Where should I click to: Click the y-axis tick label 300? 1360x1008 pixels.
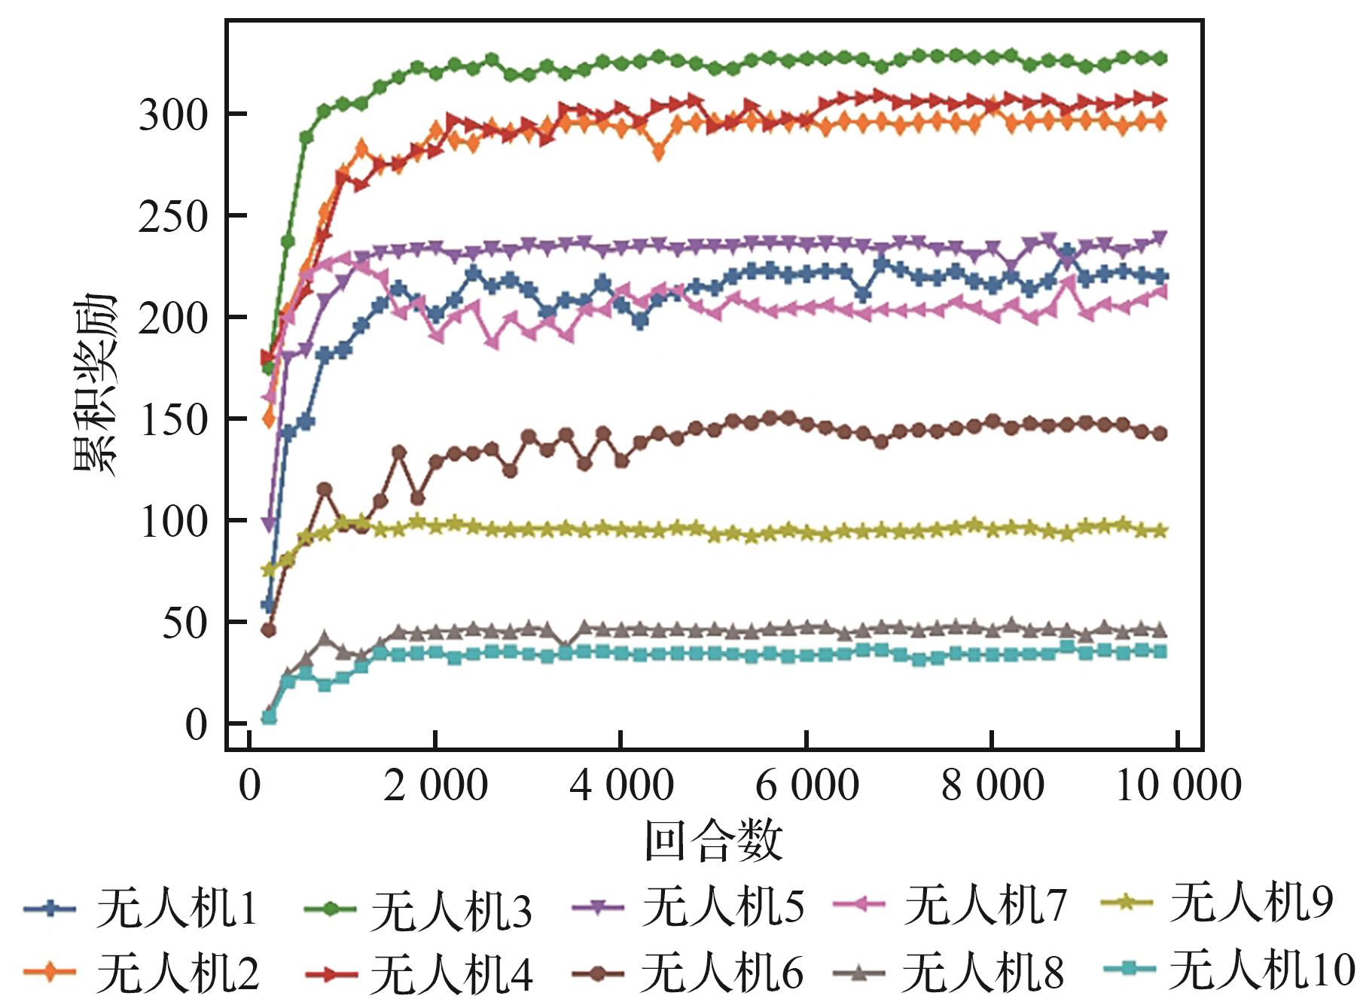(172, 115)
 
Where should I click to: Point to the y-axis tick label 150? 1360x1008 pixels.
(172, 419)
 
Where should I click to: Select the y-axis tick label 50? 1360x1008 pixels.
(184, 623)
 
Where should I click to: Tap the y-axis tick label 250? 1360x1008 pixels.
(172, 217)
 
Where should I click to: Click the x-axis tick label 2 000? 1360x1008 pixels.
(435, 785)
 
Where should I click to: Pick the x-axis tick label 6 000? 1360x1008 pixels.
(807, 785)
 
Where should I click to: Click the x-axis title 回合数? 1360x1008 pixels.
(713, 841)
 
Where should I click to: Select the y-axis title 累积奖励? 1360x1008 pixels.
(96, 385)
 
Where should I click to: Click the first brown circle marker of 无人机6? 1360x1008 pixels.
(268, 629)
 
